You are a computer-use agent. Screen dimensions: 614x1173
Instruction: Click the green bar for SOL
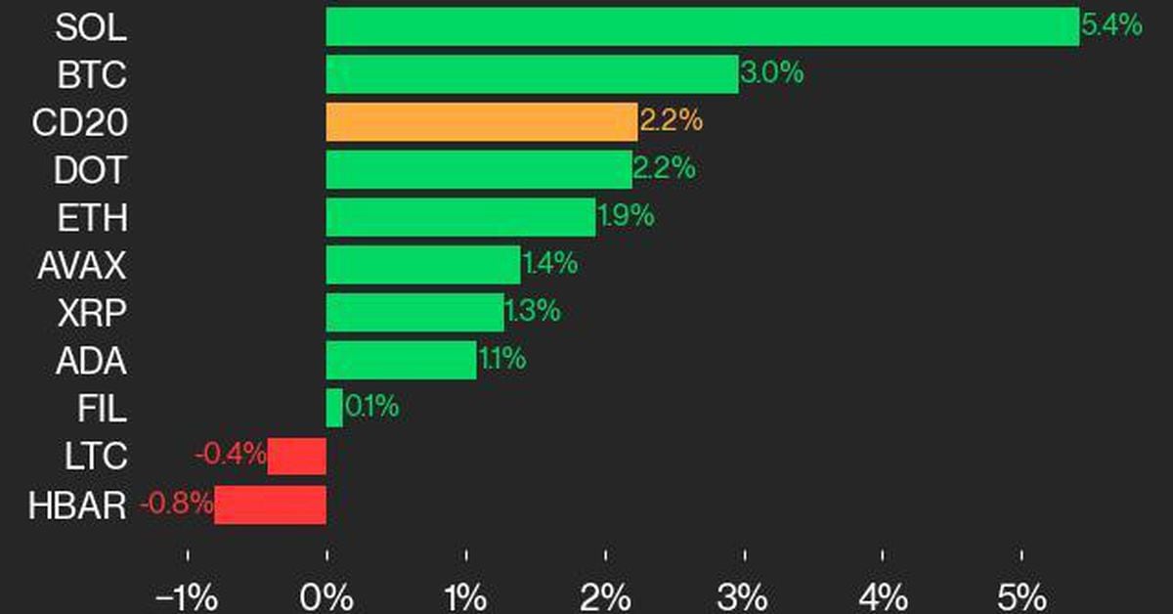tap(702, 26)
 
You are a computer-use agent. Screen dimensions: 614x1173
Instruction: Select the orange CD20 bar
tap(481, 122)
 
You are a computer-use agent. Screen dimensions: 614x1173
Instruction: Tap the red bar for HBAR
tap(271, 504)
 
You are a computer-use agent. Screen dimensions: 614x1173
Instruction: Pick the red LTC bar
tap(297, 456)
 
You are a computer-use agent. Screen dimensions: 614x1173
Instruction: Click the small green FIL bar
tap(334, 408)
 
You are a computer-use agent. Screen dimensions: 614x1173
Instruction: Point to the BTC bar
tap(532, 74)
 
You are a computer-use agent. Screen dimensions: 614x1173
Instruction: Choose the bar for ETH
tap(460, 217)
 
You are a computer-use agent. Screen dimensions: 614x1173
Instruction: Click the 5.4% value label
tap(1111, 26)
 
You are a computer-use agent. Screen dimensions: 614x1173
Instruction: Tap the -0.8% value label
tap(177, 504)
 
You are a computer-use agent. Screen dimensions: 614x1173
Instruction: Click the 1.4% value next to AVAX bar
tap(549, 264)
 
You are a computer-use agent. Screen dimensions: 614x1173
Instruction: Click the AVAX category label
tap(81, 265)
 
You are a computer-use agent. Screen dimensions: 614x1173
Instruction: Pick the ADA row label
tap(91, 361)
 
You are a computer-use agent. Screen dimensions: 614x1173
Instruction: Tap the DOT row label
tap(91, 170)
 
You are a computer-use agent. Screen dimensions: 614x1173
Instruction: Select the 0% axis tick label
tap(326, 595)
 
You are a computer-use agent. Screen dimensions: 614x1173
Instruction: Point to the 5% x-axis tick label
tap(1021, 595)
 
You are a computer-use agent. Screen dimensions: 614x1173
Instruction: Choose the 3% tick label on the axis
tap(744, 595)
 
